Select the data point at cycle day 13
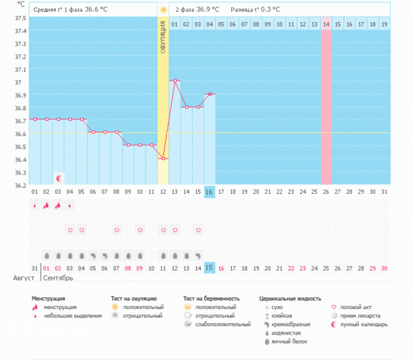pyautogui.click(x=175, y=81)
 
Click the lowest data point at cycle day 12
pyautogui.click(x=164, y=159)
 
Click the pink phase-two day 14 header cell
pyautogui.click(x=326, y=25)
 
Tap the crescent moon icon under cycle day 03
pyautogui.click(x=59, y=178)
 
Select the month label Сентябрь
pyautogui.click(x=58, y=279)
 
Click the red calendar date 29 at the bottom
pyautogui.click(x=373, y=268)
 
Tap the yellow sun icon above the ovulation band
pyautogui.click(x=164, y=10)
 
